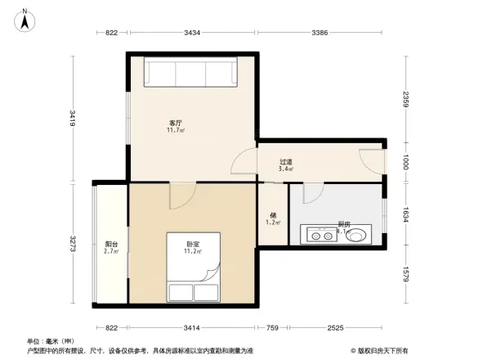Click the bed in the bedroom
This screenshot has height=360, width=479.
click(193, 268)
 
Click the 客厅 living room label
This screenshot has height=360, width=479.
click(175, 124)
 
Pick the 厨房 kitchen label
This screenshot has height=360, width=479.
click(344, 224)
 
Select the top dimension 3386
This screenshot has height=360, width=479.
click(320, 33)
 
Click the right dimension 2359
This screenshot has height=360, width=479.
click(405, 101)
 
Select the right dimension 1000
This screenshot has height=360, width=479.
click(405, 164)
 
